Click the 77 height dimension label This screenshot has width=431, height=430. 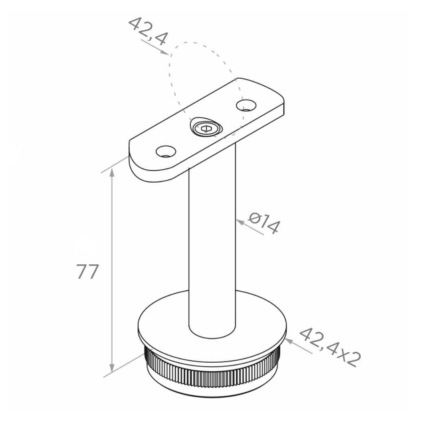pos(87,272)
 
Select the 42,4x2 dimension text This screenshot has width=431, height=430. pos(329,347)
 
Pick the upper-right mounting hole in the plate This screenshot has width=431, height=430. pos(246,105)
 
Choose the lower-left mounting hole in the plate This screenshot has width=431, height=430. pos(166,151)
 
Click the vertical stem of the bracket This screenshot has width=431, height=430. pos(212,239)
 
